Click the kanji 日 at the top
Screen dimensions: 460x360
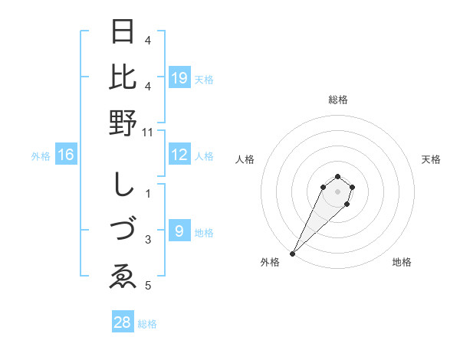pyautogui.click(x=123, y=33)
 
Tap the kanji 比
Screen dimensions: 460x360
pyautogui.click(x=123, y=78)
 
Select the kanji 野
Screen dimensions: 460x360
pyautogui.click(x=123, y=123)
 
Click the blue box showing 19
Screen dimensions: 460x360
pyautogui.click(x=179, y=78)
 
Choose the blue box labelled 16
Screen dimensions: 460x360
pyautogui.click(x=66, y=155)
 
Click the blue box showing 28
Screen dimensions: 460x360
pyautogui.click(x=123, y=322)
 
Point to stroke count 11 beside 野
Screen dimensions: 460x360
pyautogui.click(x=147, y=133)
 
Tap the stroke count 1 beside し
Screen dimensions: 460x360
pyautogui.click(x=148, y=194)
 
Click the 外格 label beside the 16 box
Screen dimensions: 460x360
pyautogui.click(x=41, y=156)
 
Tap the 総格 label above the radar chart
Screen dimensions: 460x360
pyautogui.click(x=337, y=100)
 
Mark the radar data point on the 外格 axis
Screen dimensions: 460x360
pyautogui.click(x=292, y=253)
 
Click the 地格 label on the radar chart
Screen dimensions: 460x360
pyautogui.click(x=402, y=263)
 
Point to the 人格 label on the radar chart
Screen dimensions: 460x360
pyautogui.click(x=245, y=159)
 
